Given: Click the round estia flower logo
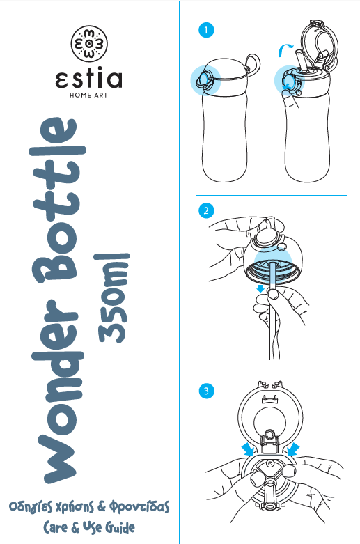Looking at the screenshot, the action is pos(89,43).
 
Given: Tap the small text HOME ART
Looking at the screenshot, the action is pos(88,95).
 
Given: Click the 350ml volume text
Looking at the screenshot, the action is pos(111,298).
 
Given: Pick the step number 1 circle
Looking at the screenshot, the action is pos(206,30).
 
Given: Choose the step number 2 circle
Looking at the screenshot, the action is pos(206,210).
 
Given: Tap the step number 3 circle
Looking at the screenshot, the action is pos(206,391).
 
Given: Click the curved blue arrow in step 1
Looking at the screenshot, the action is pos(284,49).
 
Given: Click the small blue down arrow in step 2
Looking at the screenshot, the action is pos(260,288).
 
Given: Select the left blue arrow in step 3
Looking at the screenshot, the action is pos(249,449).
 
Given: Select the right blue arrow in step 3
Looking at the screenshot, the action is pos(293,449).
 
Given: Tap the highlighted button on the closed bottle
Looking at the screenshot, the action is pos(204,80).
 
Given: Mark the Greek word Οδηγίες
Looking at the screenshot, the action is pos(30,507).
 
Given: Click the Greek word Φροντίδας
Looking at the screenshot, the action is pos(140,507).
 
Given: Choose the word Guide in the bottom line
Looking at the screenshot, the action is pos(120,527).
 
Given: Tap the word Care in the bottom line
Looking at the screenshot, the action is pos(56,528).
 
